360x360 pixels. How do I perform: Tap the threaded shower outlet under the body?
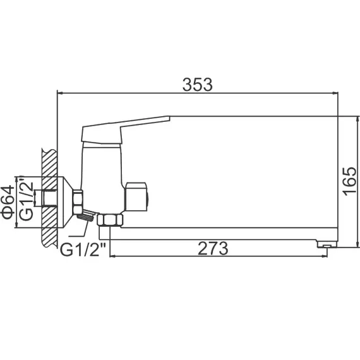85,217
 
